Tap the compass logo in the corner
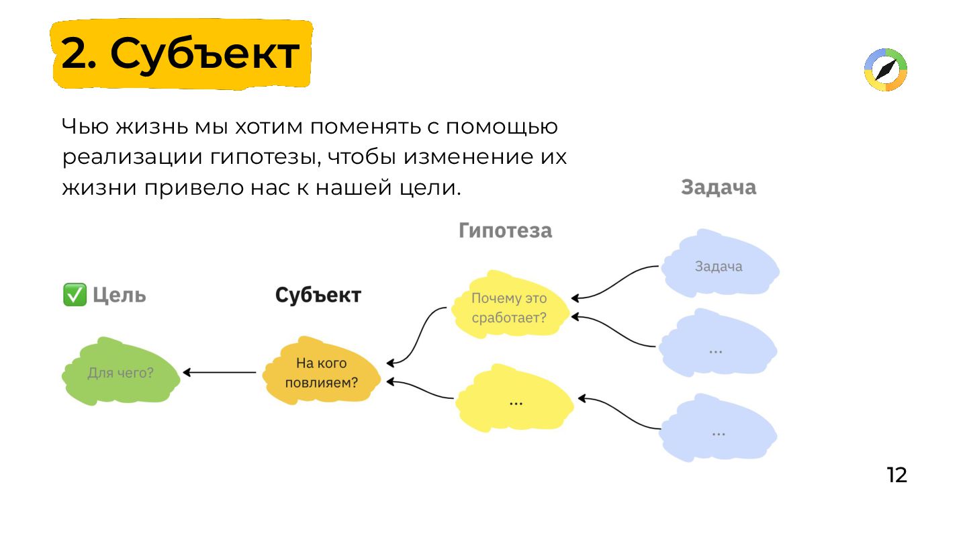click(885, 70)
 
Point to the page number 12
click(896, 475)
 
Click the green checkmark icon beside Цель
click(75, 295)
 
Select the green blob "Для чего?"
click(121, 373)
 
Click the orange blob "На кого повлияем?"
click(322, 373)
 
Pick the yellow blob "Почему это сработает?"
click(509, 308)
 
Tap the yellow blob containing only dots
click(515, 402)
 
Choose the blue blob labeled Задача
click(719, 267)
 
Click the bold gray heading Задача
click(719, 187)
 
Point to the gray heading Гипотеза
click(505, 230)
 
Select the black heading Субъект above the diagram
click(318, 295)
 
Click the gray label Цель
click(119, 295)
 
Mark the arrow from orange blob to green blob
click(220, 373)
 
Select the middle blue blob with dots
click(717, 350)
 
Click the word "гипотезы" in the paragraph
click(261, 157)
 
